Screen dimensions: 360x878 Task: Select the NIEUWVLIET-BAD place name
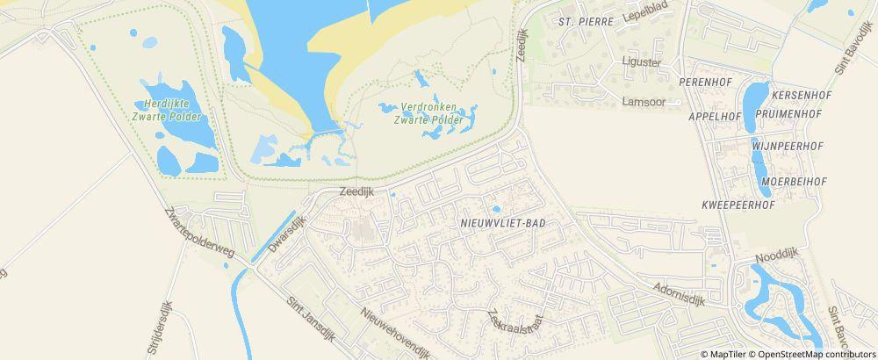pyautogui.click(x=503, y=224)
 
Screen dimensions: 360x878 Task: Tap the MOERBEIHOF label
pyautogui.click(x=795, y=181)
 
